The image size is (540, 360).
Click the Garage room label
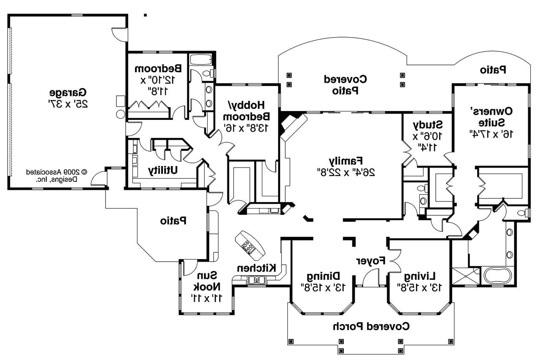click(68, 92)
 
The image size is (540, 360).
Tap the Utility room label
click(162, 170)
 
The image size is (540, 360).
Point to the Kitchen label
click(256, 268)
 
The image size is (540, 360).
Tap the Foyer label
click(371, 261)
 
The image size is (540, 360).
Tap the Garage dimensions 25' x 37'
click(68, 103)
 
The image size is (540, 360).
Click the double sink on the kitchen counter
click(256, 280)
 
